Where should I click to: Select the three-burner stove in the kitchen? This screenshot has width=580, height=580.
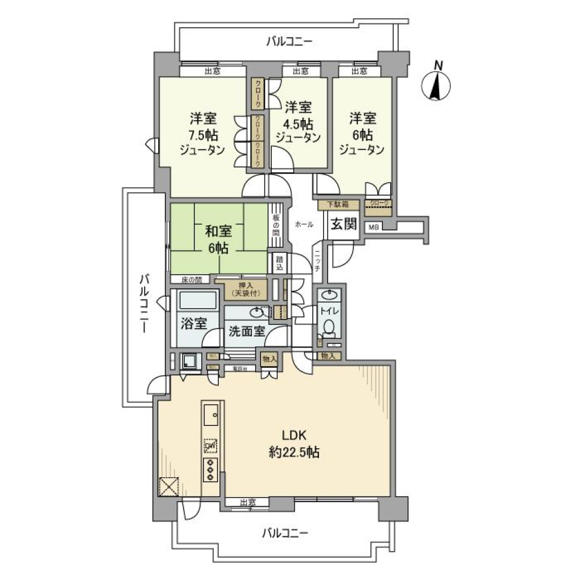click(x=211, y=469)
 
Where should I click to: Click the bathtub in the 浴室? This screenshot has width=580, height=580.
click(x=195, y=300)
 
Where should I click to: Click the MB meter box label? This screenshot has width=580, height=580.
click(x=374, y=227)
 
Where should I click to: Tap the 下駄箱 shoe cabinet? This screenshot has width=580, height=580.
click(x=338, y=205)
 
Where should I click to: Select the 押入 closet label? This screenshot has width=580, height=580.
click(x=240, y=289)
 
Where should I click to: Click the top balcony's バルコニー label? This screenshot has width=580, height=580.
click(x=288, y=42)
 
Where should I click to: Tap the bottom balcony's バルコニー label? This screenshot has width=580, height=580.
click(x=285, y=533)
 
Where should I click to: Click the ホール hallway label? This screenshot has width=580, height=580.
click(x=304, y=224)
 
